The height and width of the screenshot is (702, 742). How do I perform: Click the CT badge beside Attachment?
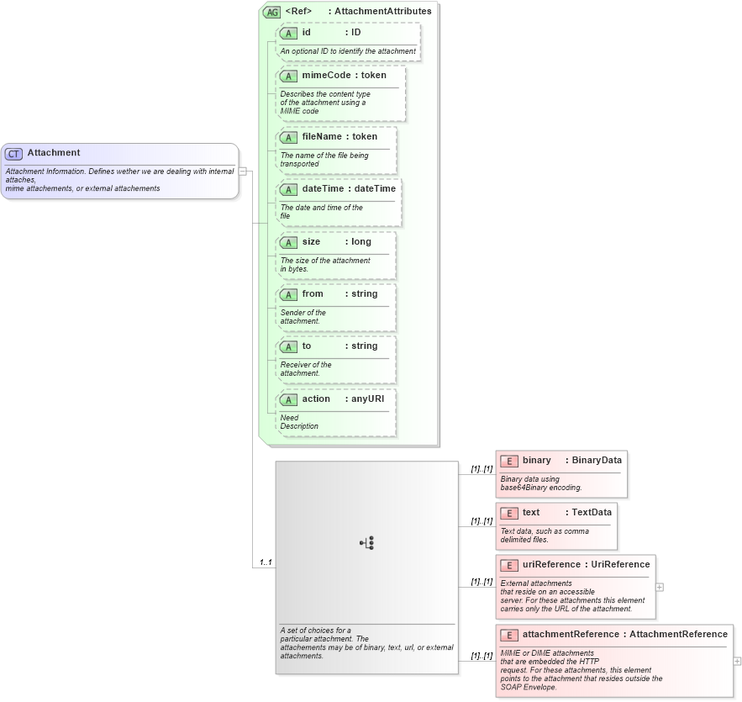point(14,154)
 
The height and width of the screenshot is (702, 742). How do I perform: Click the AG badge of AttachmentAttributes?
point(272,12)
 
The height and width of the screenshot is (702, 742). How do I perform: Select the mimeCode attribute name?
point(326,76)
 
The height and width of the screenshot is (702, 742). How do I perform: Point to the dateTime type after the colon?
point(375,189)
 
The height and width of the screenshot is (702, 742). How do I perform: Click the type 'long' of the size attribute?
point(360,242)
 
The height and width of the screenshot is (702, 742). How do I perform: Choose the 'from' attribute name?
point(313,294)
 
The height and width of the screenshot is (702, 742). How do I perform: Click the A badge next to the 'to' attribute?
point(288,346)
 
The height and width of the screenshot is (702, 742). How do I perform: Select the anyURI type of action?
point(367,399)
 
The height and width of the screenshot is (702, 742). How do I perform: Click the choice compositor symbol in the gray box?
point(367,543)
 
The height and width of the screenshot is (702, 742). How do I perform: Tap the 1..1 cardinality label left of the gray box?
point(266,562)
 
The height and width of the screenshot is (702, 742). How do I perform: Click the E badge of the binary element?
point(508,461)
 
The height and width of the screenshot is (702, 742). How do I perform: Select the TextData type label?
point(592,513)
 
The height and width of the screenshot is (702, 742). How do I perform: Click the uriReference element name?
point(551,565)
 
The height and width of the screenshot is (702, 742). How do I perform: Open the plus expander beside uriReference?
point(660,587)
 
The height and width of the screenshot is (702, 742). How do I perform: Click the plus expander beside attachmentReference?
point(737,662)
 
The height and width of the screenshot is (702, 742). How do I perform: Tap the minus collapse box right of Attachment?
point(242,171)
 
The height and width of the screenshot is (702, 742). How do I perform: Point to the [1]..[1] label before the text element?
point(482,521)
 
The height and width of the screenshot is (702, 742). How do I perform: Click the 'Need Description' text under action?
point(299,422)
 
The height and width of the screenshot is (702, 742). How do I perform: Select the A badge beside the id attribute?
point(288,33)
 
